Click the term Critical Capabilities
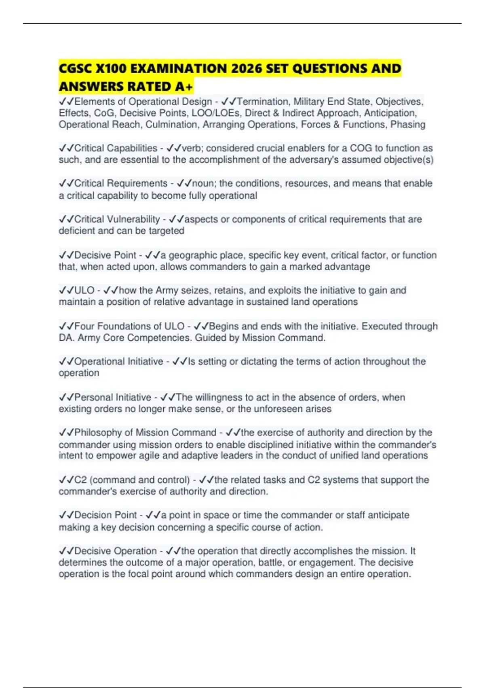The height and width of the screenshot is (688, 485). pos(116,148)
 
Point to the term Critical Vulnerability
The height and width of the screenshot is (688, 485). pos(117,219)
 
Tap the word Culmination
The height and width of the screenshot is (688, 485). pos(171,125)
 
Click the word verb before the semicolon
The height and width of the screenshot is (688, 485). pos(191,148)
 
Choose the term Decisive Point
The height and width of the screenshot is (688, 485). pos(105,255)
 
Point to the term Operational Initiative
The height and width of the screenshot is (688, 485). pos(119,361)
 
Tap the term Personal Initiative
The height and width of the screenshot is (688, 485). pos(113,397)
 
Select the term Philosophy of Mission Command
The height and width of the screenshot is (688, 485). pos(145,433)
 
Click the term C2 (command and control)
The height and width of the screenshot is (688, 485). pos(132,480)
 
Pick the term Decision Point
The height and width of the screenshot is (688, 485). pos(105,515)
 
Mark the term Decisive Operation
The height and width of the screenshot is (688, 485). pos(115,551)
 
